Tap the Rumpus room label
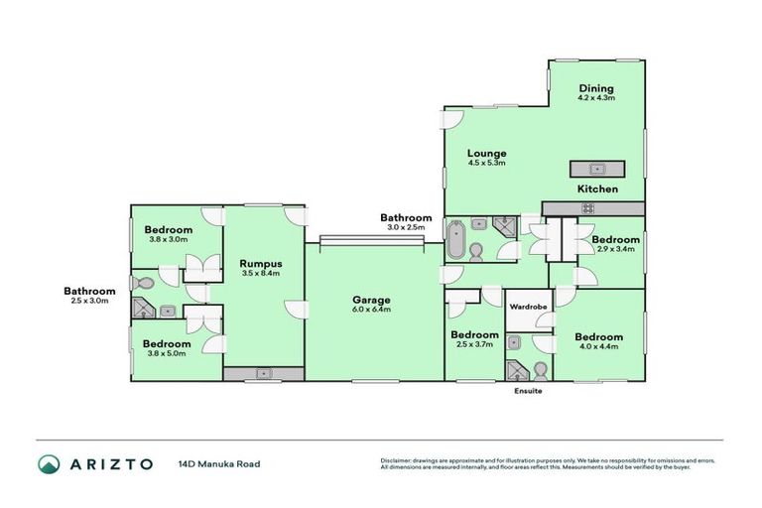[x=262, y=263]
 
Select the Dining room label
[x=596, y=87]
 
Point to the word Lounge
[x=487, y=153]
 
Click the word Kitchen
[x=598, y=189]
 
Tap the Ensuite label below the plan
[x=527, y=391]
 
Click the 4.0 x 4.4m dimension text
[x=599, y=348]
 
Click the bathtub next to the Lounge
[x=455, y=241]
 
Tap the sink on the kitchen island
[x=597, y=169]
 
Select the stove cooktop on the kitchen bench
[x=587, y=207]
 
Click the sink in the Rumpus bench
[x=264, y=374]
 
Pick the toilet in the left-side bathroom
[x=146, y=285]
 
